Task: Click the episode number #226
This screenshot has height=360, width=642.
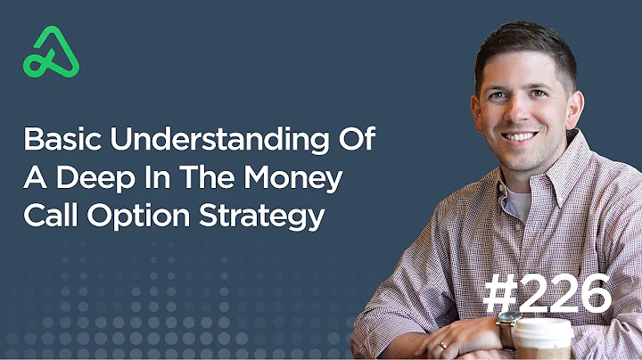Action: point(546,294)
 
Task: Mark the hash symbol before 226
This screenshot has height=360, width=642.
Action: point(500,294)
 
